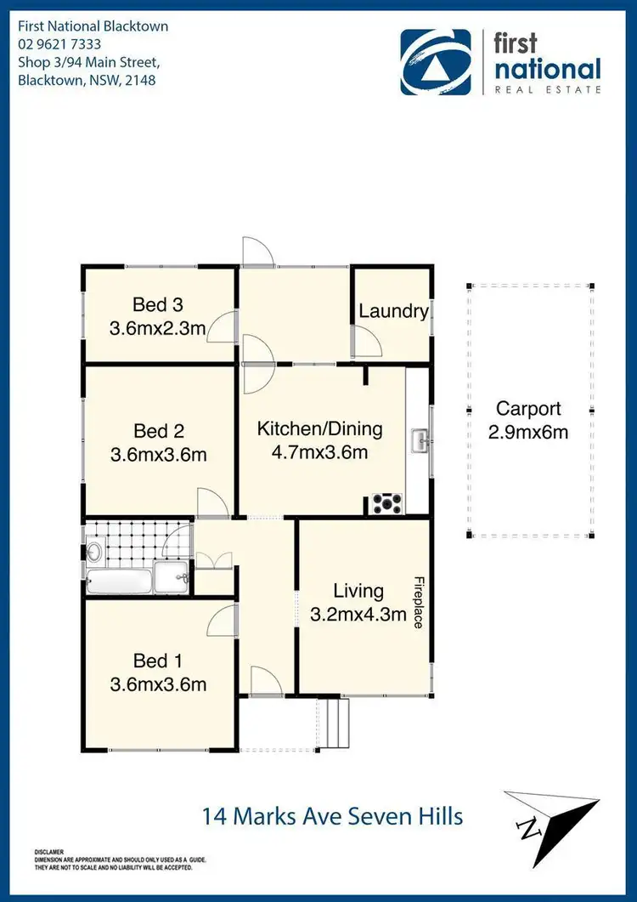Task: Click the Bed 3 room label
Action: pyautogui.click(x=158, y=304)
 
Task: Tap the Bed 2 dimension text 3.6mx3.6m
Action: pyautogui.click(x=159, y=455)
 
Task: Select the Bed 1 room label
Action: pyautogui.click(x=158, y=661)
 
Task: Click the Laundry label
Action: pyautogui.click(x=393, y=311)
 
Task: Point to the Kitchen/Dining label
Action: pyautogui.click(x=319, y=428)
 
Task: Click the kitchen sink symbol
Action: pyautogui.click(x=419, y=441)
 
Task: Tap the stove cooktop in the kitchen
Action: pyautogui.click(x=387, y=504)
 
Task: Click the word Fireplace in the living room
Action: pyautogui.click(x=419, y=602)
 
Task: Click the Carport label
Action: pyautogui.click(x=528, y=408)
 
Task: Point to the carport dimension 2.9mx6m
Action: pyautogui.click(x=528, y=432)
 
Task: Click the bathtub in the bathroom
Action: pyautogui.click(x=120, y=583)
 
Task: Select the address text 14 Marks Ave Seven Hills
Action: pyautogui.click(x=332, y=817)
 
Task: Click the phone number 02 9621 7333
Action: pyautogui.click(x=60, y=44)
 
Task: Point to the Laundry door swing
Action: pyautogui.click(x=367, y=342)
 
